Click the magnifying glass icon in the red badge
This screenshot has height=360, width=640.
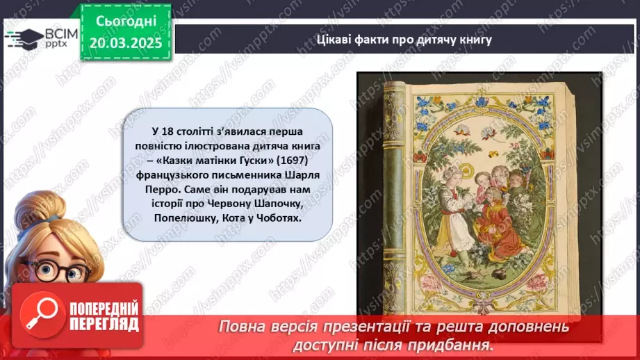click(x=41, y=317)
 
